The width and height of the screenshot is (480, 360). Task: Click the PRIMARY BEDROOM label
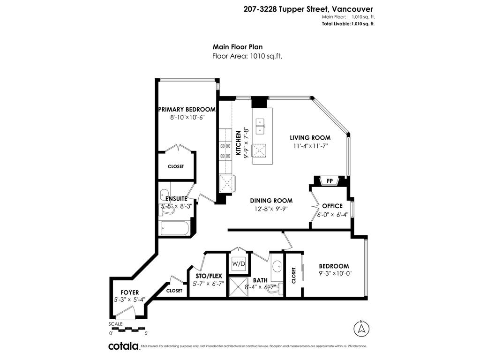[x=187, y=110]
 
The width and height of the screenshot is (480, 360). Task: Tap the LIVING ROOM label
[x=310, y=138]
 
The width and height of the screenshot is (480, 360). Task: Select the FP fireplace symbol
[x=330, y=181]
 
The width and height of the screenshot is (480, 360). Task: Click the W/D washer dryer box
[x=239, y=264]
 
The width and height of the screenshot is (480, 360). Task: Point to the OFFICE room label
[x=332, y=206]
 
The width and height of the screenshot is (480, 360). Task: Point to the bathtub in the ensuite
[x=174, y=229]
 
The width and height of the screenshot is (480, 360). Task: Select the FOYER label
[x=129, y=292]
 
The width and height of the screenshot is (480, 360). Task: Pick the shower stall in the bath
[x=239, y=286]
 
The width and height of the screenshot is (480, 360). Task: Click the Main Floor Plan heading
[x=238, y=47]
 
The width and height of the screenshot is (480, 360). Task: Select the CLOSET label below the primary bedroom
[x=176, y=166]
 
